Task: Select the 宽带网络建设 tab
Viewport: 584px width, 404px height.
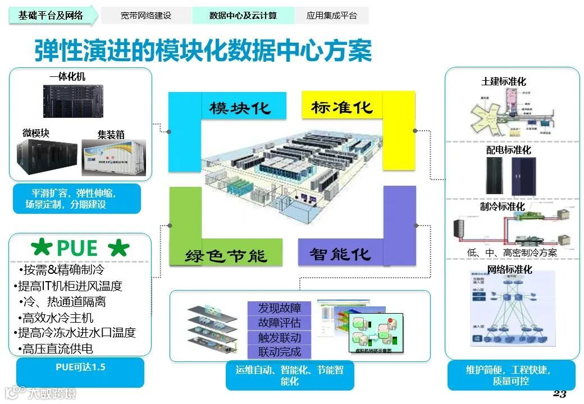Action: click(x=146, y=16)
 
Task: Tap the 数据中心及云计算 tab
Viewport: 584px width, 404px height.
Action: click(x=243, y=16)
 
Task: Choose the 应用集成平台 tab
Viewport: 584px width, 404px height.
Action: click(x=331, y=16)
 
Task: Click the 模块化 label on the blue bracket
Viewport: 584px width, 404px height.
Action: click(x=240, y=108)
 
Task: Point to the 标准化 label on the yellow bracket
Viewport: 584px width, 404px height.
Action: click(x=342, y=107)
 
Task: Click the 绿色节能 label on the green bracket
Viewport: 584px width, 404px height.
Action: click(x=226, y=256)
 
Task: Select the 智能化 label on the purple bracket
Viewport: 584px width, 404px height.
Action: click(x=340, y=254)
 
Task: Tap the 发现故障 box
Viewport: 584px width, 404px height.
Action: click(x=280, y=308)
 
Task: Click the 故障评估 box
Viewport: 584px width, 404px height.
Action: click(x=280, y=323)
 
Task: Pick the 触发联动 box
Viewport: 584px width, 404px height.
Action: click(x=280, y=338)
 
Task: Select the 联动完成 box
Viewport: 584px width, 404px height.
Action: click(x=280, y=352)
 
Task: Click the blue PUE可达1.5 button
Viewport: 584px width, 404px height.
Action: click(x=80, y=368)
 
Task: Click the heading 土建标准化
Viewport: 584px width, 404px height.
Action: click(x=504, y=82)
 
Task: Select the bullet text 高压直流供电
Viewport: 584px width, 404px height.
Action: click(x=58, y=348)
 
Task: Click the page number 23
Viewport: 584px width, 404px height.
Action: click(x=559, y=393)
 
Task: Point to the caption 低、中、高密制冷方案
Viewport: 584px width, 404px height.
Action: click(x=512, y=252)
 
